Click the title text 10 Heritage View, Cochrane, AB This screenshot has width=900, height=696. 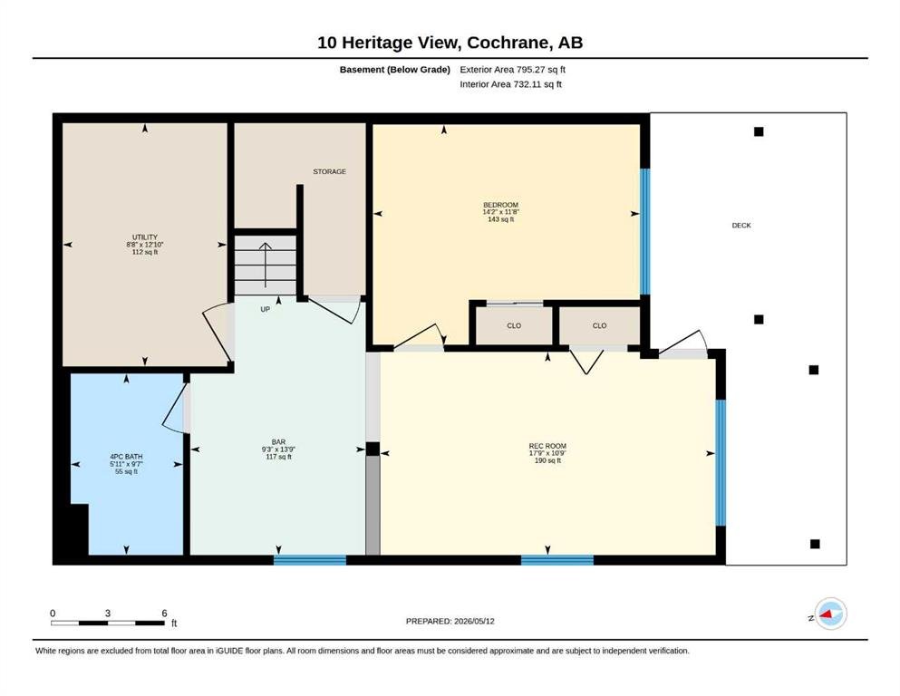click(x=450, y=43)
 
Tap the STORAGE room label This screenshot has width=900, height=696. click(x=330, y=171)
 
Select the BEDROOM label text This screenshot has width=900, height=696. click(x=500, y=205)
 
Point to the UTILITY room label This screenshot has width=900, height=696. click(x=145, y=237)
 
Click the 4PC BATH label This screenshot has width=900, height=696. click(x=126, y=457)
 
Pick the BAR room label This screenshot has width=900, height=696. click(x=278, y=442)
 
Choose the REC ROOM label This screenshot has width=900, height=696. click(x=547, y=446)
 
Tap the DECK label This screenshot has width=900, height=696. click(x=741, y=226)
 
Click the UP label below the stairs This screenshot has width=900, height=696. click(x=266, y=309)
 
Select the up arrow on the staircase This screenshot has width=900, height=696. click(x=266, y=265)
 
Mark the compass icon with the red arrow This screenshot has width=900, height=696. click(x=830, y=614)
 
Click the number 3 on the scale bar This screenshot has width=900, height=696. click(x=107, y=613)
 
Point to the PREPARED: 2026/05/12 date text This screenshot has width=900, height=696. click(x=450, y=621)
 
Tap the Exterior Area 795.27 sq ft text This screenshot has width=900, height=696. click(x=513, y=70)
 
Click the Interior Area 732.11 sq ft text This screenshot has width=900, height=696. click(x=511, y=84)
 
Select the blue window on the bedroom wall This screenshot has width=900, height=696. click(x=645, y=232)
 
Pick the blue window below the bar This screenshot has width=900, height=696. click(x=310, y=560)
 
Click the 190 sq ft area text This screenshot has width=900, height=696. click(x=547, y=460)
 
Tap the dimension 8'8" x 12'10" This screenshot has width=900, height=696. click(x=145, y=245)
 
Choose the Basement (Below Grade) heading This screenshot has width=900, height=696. click(x=395, y=70)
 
